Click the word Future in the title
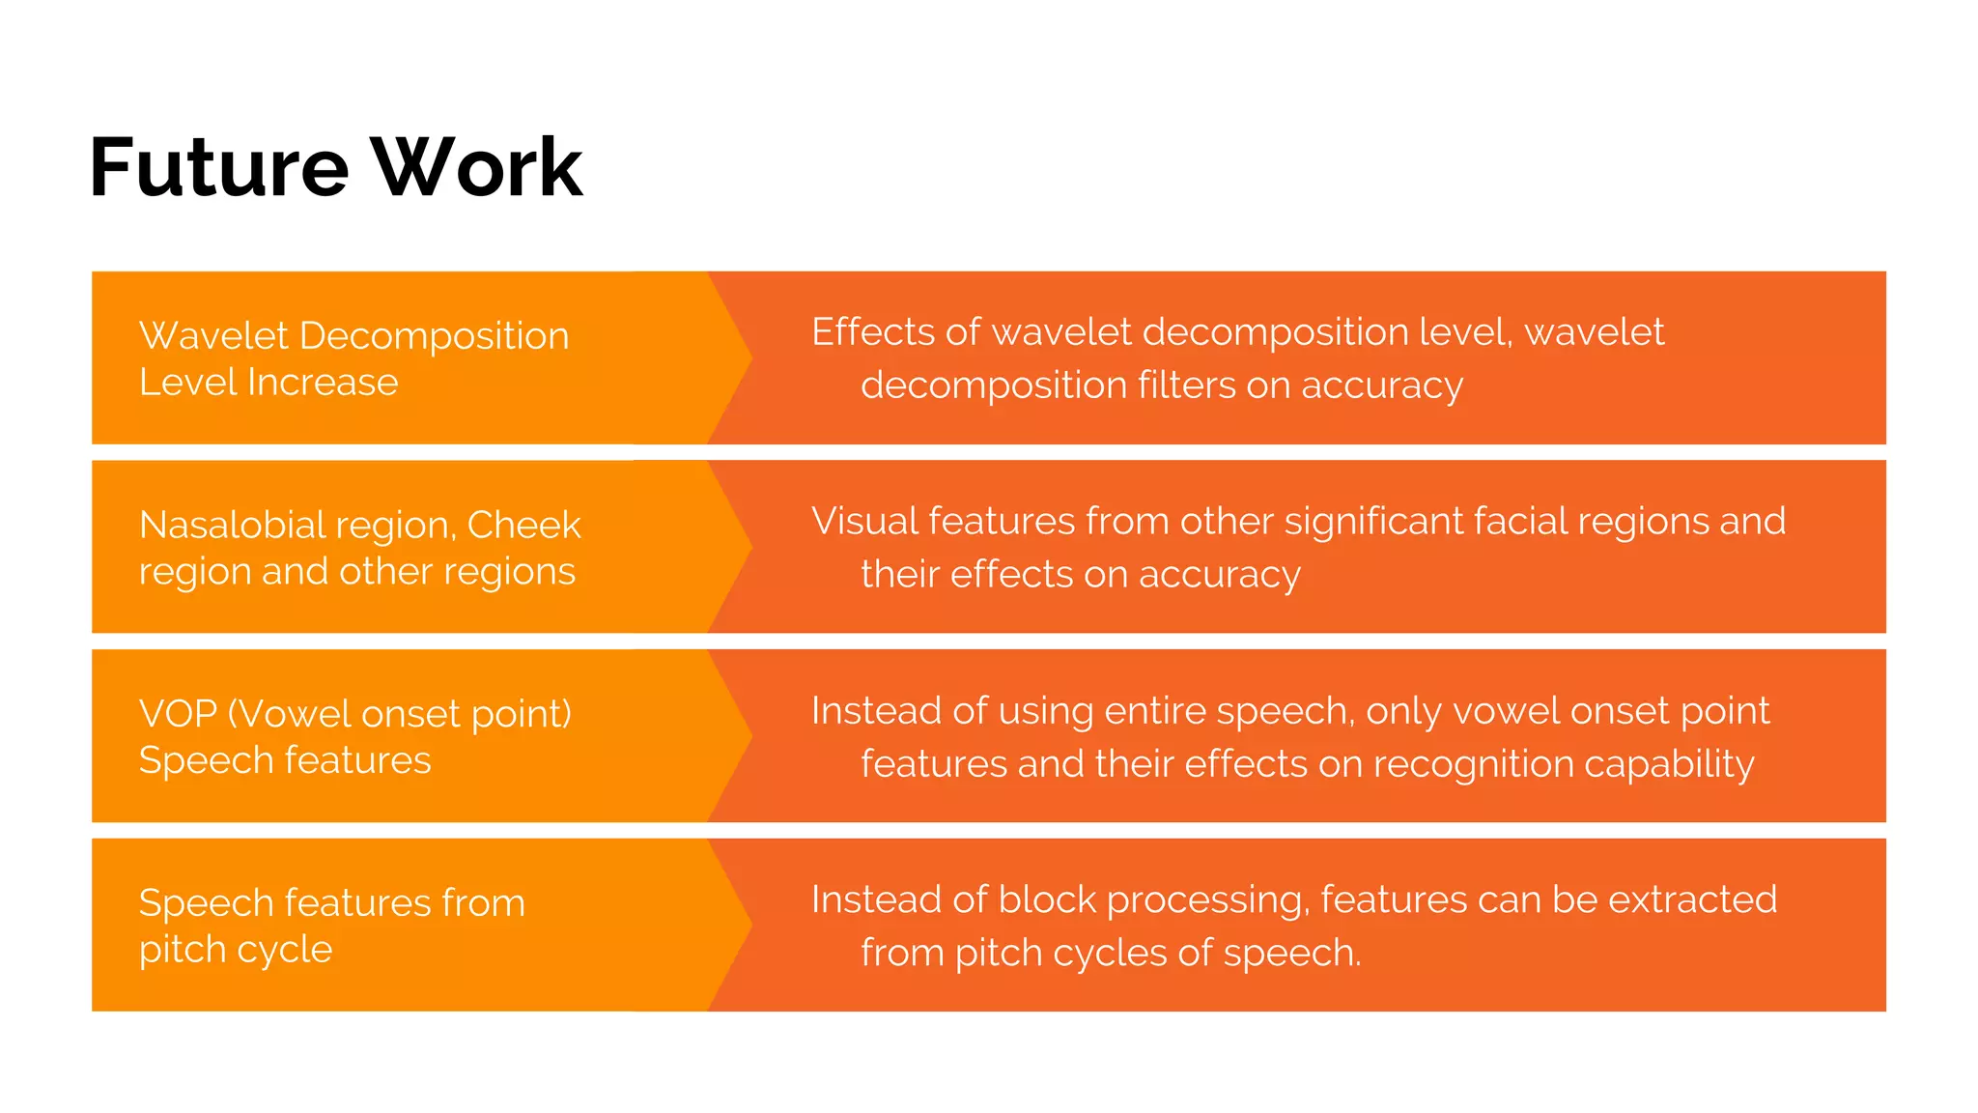(218, 168)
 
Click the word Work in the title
(477, 168)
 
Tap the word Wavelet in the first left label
(213, 336)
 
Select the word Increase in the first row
(323, 383)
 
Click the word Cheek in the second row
(523, 526)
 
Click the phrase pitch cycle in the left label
(235, 951)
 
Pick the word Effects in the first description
(872, 332)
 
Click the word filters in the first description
(1186, 385)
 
